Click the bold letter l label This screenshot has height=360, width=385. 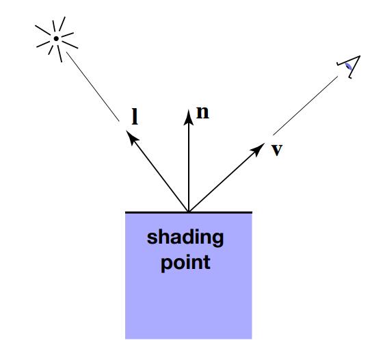pos(135,116)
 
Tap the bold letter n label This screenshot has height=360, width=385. pos(202,112)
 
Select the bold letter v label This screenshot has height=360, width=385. pos(277,149)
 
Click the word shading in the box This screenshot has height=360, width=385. pos(185,237)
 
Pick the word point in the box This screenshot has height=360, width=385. pos(185,263)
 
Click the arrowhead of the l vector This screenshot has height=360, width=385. pos(132,137)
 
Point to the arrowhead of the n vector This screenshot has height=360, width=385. pos(189,118)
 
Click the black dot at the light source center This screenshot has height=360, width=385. pos(56,38)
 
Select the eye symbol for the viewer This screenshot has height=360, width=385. pos(349,66)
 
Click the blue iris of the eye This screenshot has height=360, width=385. pos(348,66)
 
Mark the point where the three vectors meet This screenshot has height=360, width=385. pos(189,211)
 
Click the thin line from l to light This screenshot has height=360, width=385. pos(93,86)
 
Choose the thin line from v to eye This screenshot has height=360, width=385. pos(306,105)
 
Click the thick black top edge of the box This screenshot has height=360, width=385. pos(189,212)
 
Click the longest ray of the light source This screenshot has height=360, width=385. pos(70,44)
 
